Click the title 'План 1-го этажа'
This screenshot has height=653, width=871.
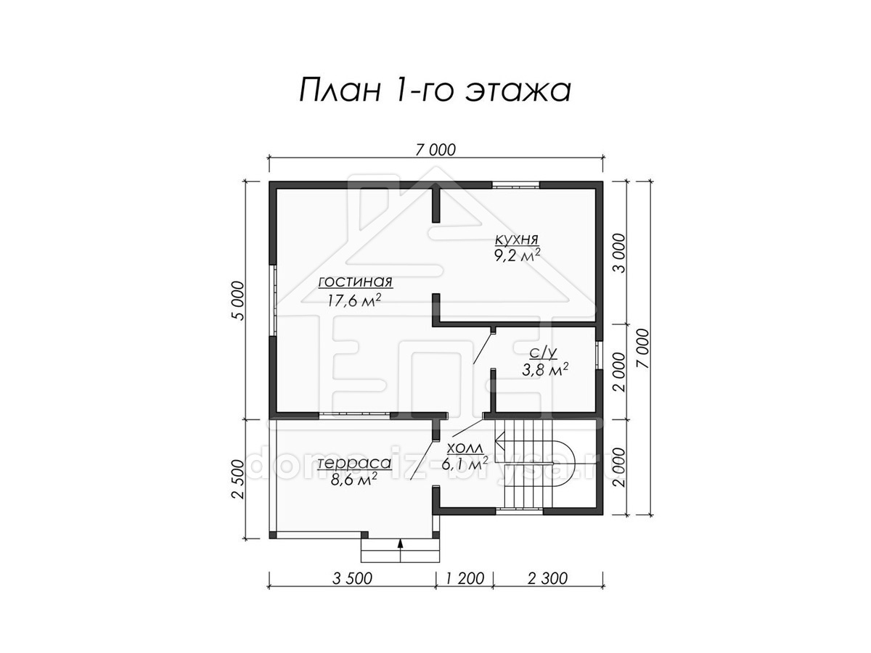[x=435, y=91]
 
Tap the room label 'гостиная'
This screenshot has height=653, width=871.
[x=355, y=282]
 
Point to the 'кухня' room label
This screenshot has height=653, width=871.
[x=516, y=239]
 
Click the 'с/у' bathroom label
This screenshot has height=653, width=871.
[x=543, y=353]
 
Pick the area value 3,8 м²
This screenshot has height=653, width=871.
[x=544, y=370]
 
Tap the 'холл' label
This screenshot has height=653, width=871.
[x=465, y=448]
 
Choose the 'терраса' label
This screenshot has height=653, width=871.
[x=354, y=463]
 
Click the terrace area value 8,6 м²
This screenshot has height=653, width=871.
[x=353, y=480]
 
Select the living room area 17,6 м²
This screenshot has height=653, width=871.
[x=354, y=300]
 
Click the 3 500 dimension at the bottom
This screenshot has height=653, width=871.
[x=352, y=578]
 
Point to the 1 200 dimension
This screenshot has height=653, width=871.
[x=465, y=578]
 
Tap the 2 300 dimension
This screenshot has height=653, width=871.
[x=547, y=578]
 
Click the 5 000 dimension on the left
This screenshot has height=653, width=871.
[x=237, y=300]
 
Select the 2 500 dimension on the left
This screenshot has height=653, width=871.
[x=237, y=480]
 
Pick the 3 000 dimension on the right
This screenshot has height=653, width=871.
[x=618, y=253]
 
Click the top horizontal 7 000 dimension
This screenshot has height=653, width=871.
[x=435, y=150]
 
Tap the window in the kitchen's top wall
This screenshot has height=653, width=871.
[x=515, y=185]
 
